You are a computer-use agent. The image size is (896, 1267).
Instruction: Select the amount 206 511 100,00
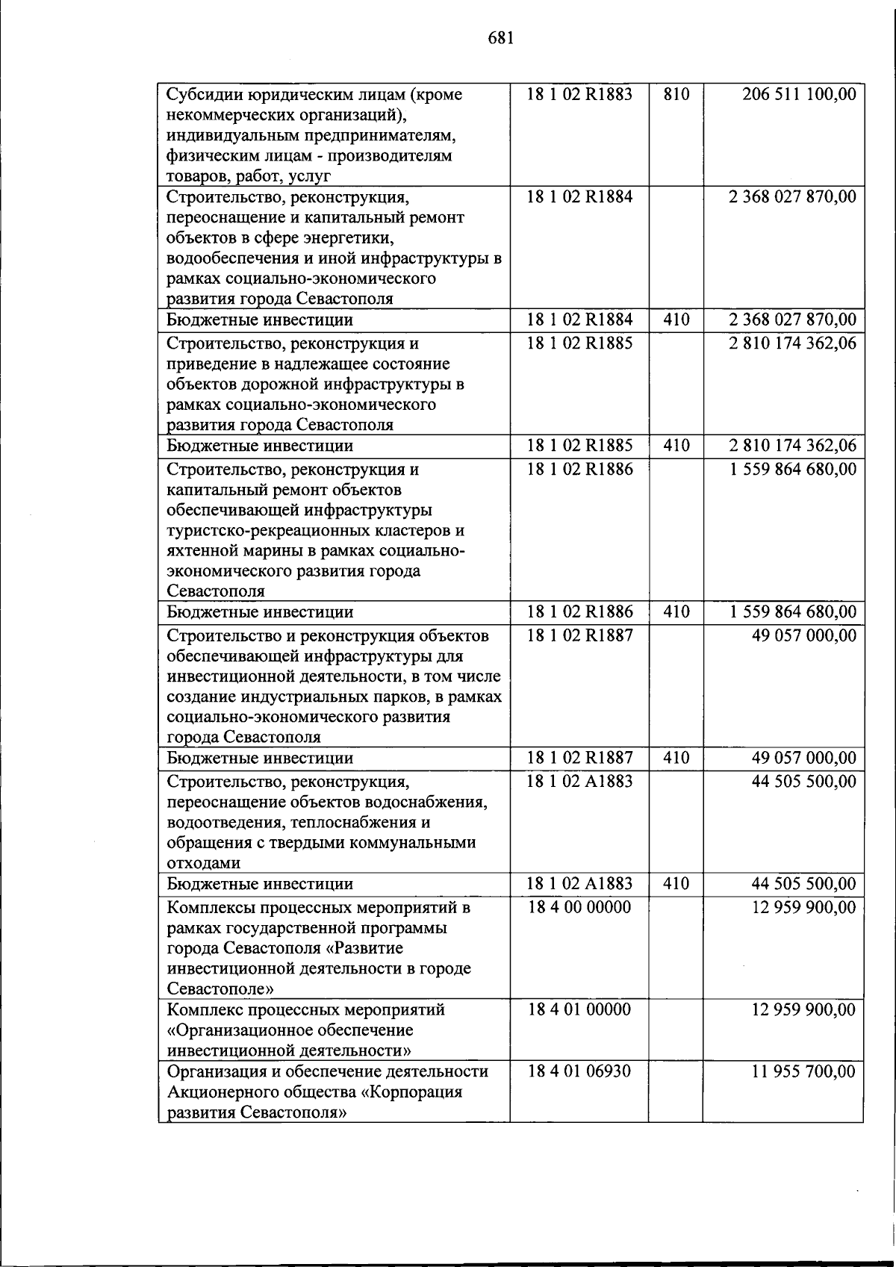click(799, 95)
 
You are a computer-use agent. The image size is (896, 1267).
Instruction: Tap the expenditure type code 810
click(676, 95)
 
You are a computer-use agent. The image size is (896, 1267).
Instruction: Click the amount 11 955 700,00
click(803, 1071)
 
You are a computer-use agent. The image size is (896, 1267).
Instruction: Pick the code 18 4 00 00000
click(579, 907)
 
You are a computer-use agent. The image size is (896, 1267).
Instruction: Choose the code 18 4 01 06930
click(579, 1071)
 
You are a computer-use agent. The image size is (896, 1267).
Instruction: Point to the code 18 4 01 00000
click(579, 1010)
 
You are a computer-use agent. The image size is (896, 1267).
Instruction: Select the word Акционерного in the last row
click(223, 1092)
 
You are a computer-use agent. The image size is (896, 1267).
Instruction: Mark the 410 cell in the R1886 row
click(676, 612)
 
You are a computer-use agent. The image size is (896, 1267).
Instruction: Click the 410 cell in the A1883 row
click(676, 884)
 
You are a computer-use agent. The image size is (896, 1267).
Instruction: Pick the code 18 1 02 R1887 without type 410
click(579, 635)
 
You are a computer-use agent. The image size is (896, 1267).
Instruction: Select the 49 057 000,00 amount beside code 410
click(803, 759)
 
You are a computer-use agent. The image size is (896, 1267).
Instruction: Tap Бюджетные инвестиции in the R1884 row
click(259, 320)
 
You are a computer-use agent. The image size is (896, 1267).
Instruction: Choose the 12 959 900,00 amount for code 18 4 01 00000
click(803, 1010)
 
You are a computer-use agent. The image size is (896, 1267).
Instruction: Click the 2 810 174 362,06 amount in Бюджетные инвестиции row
click(793, 446)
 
